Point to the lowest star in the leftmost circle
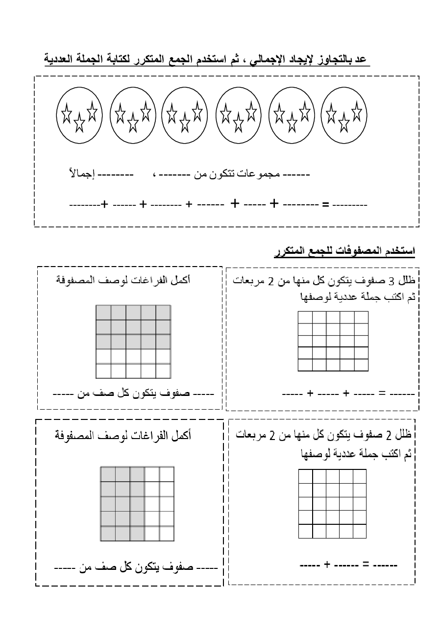(79, 123)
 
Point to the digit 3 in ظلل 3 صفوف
(391, 281)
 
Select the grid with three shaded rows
(133, 342)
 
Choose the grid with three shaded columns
(137, 504)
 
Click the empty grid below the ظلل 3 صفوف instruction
(333, 341)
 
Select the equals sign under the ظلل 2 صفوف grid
(365, 565)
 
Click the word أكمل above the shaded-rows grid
(181, 281)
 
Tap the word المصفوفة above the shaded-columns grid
(74, 435)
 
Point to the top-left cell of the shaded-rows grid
(103, 313)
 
